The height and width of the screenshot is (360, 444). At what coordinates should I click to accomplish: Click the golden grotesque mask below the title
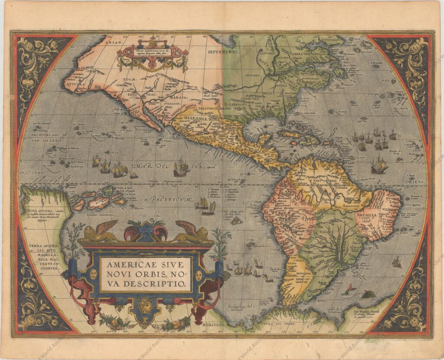coord(146,307)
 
